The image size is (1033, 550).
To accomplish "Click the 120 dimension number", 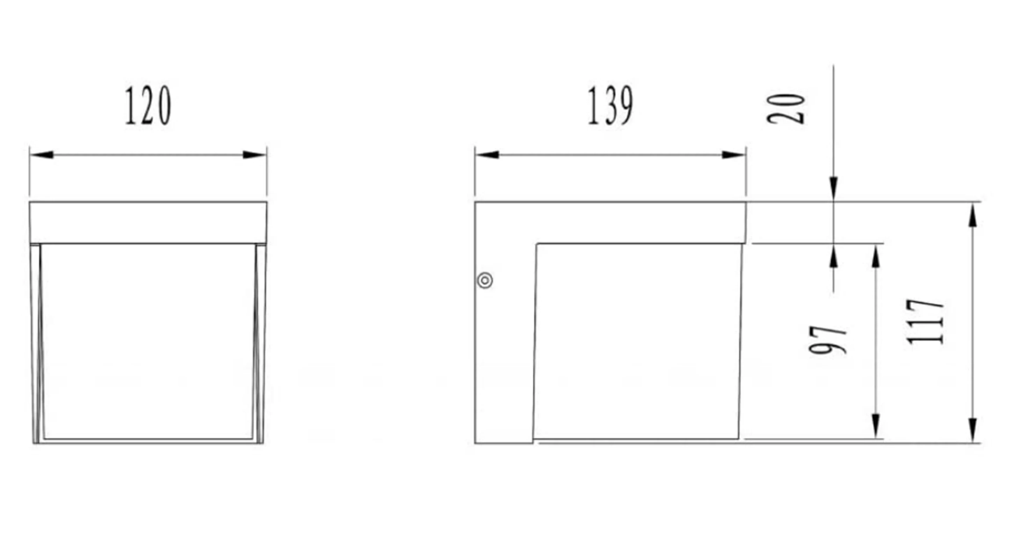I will [x=148, y=106].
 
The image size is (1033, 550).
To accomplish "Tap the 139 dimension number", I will [x=610, y=106].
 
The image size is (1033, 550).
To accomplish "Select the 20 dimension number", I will [x=786, y=109].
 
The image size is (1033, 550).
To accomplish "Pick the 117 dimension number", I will [x=925, y=322].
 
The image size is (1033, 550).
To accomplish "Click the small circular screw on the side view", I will [x=485, y=280].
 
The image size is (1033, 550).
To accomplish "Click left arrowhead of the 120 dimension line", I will [x=42, y=155].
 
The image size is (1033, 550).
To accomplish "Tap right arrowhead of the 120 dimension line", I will [x=254, y=155].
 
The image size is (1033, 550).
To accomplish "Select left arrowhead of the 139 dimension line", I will [x=487, y=155].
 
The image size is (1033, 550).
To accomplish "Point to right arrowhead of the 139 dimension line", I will [x=734, y=155].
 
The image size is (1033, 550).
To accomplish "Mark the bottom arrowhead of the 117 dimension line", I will [x=973, y=430].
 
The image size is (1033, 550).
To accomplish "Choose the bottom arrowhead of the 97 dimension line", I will [x=876, y=426].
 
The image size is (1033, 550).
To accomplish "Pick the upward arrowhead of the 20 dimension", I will [x=834, y=256].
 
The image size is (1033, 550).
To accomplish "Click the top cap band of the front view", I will [x=148, y=222].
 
